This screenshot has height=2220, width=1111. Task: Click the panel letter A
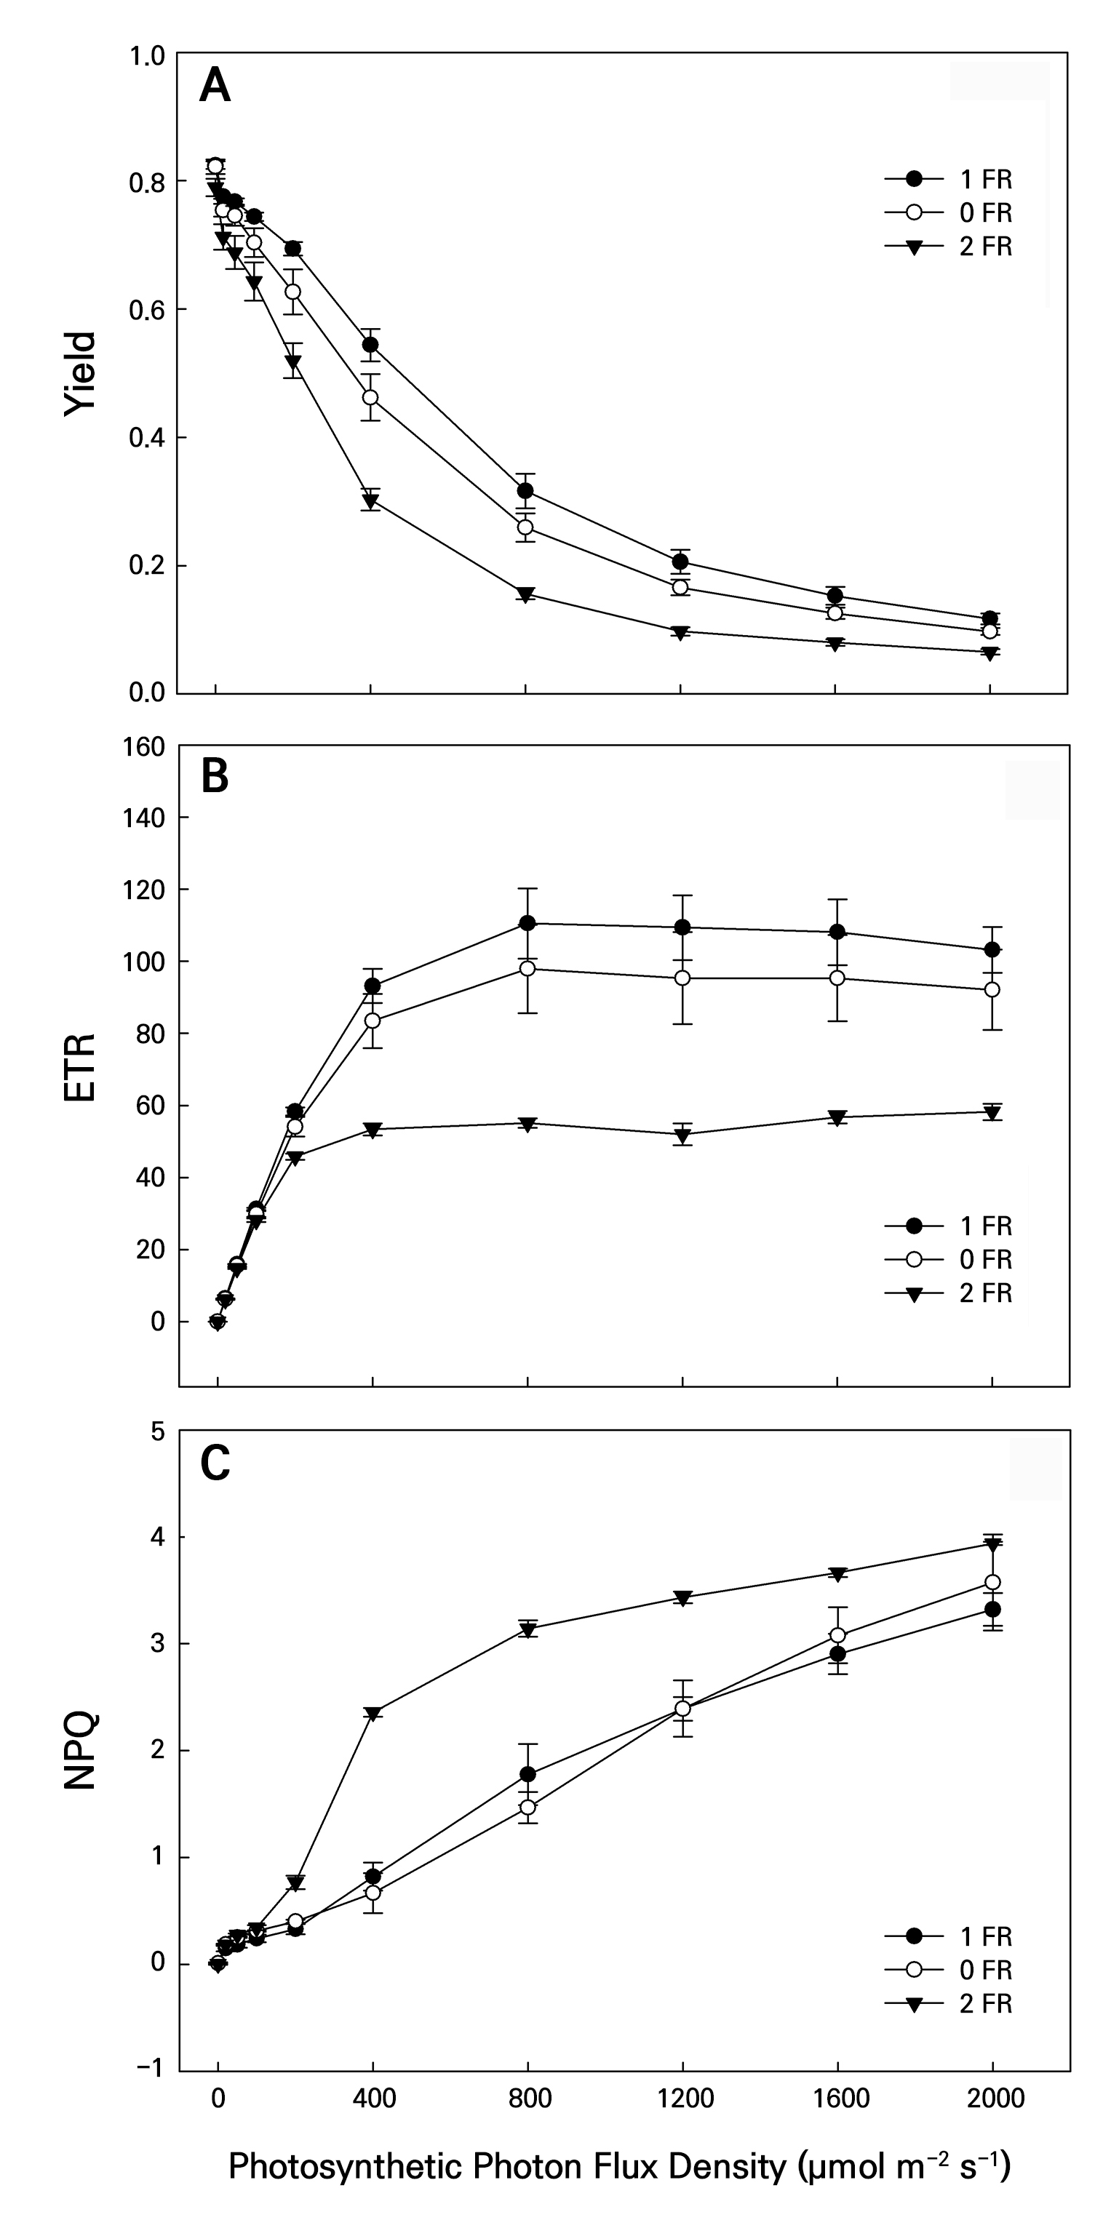(215, 87)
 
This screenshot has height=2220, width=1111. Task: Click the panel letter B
(215, 775)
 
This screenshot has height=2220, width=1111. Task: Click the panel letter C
(215, 1463)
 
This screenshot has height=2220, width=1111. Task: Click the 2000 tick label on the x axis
(994, 2098)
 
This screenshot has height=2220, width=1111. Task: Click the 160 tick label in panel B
(145, 747)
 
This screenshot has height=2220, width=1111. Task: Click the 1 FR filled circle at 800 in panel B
(527, 923)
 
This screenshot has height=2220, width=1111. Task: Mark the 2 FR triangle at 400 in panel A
(370, 500)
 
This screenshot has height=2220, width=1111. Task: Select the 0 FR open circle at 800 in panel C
(527, 1807)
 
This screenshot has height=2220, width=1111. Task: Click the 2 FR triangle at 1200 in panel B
(682, 1134)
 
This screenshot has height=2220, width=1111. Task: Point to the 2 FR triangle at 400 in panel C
(373, 1712)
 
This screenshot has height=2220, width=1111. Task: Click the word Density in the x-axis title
(720, 2164)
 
